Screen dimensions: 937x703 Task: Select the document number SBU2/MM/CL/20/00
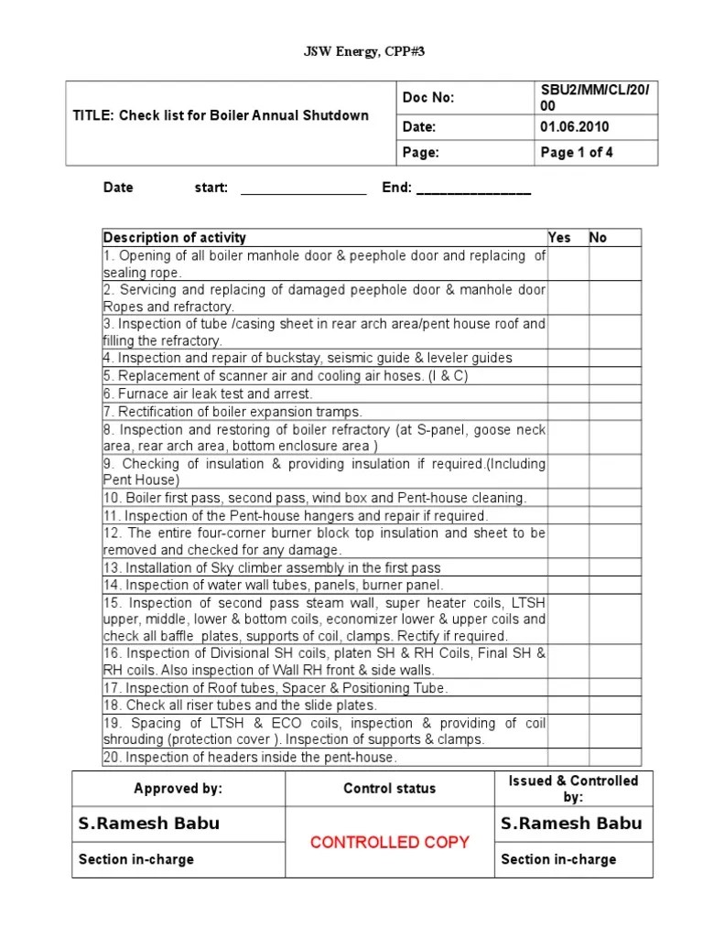click(x=594, y=98)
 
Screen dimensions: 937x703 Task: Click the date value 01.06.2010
click(x=574, y=127)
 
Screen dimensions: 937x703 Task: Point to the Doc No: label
click(x=428, y=98)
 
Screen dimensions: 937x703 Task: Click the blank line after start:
click(x=303, y=190)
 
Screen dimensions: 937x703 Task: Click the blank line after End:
click(x=473, y=190)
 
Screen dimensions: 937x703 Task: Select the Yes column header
click(x=559, y=238)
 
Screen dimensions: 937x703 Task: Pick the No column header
click(x=598, y=238)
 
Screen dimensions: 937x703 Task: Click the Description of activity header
click(x=175, y=238)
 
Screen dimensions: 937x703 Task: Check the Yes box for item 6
click(x=568, y=393)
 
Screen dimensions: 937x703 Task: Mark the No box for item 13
click(x=614, y=567)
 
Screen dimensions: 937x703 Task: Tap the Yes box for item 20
click(x=568, y=758)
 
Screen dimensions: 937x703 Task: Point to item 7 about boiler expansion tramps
click(x=233, y=412)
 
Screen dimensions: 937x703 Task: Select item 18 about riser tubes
click(x=239, y=705)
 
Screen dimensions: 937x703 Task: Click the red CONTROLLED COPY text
click(x=390, y=842)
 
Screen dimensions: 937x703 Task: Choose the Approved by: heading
click(x=178, y=789)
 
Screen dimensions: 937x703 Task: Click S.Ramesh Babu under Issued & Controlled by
click(x=571, y=824)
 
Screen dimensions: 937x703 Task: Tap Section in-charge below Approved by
click(x=136, y=859)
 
